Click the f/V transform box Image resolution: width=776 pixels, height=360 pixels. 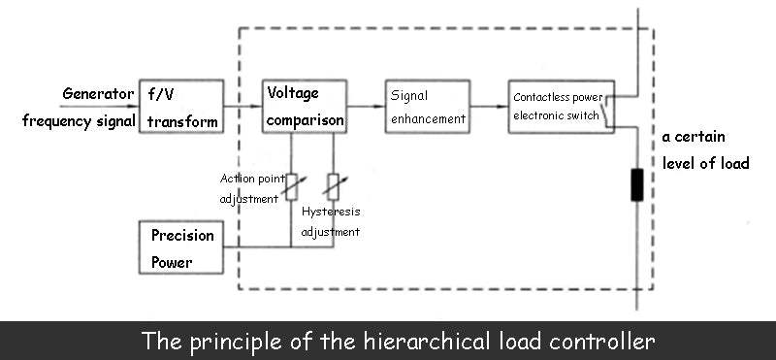click(180, 107)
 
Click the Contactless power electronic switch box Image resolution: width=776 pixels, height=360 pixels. click(562, 107)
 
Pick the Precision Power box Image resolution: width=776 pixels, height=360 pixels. click(181, 247)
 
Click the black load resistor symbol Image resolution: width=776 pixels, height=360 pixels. click(636, 184)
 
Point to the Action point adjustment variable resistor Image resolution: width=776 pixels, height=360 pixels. click(291, 184)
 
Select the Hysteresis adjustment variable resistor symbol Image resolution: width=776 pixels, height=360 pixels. click(333, 184)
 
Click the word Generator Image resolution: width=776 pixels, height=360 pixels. click(98, 94)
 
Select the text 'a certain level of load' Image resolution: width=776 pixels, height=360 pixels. click(705, 150)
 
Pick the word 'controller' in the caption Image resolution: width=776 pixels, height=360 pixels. click(603, 342)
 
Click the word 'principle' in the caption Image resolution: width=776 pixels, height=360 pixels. click(232, 342)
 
